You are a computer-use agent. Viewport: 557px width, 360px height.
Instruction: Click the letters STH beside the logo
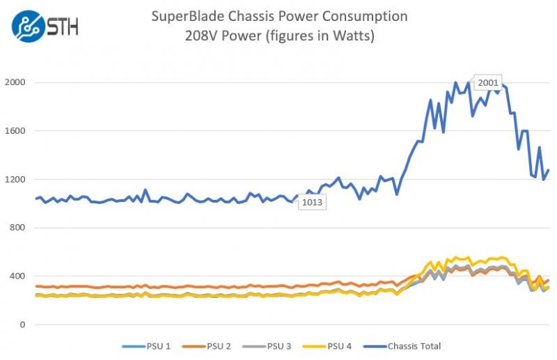(63, 27)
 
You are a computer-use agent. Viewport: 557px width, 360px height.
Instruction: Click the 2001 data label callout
(488, 83)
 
